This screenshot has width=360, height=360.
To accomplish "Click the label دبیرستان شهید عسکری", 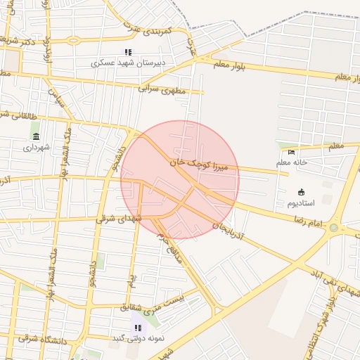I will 129,63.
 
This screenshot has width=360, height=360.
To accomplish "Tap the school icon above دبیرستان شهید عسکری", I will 128,52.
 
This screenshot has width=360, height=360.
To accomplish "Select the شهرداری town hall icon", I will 36,136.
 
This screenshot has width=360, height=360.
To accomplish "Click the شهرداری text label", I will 37,148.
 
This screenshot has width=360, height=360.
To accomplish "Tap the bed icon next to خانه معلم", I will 292,152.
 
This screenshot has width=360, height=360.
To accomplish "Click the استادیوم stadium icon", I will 302,193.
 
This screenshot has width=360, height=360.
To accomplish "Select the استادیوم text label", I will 302,204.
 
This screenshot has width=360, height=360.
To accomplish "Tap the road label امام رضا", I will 308,222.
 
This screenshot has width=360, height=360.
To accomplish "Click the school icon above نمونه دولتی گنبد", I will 138,328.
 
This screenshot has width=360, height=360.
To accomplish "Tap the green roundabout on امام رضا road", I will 333,228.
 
